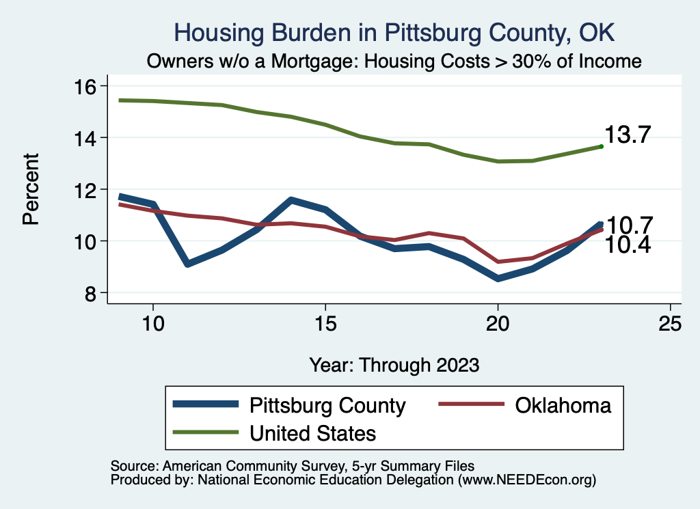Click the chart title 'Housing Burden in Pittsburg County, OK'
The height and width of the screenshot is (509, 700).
(x=394, y=32)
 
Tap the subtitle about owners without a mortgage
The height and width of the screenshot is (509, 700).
(x=394, y=61)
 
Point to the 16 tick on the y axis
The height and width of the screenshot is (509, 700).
(x=88, y=86)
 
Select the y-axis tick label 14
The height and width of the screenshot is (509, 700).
(x=88, y=138)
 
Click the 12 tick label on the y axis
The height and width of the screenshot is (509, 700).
(x=88, y=189)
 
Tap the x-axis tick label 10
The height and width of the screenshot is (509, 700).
(x=153, y=325)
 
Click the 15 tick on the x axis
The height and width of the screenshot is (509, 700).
(x=325, y=325)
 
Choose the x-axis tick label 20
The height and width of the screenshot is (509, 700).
(x=498, y=325)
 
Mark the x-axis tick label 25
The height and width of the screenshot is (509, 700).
(x=670, y=325)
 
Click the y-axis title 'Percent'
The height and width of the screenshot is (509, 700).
(x=31, y=189)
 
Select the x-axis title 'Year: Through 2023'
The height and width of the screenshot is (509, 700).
(x=394, y=364)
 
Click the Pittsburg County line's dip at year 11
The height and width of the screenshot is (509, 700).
(x=187, y=264)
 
